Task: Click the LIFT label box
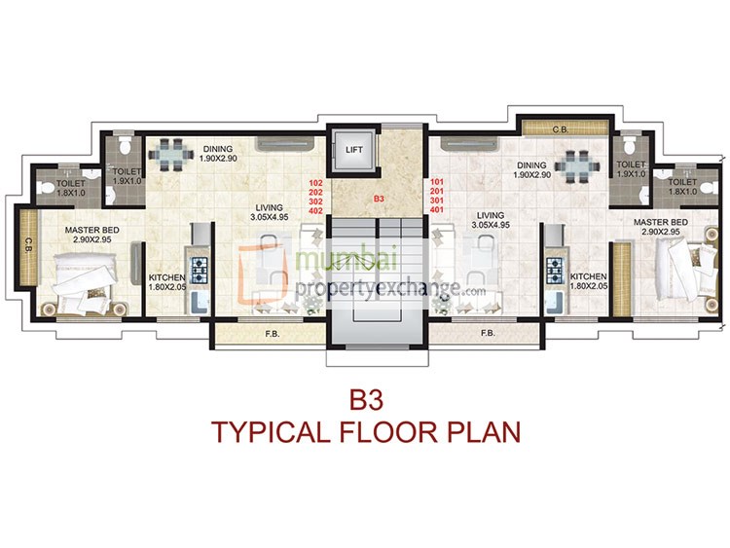pyautogui.click(x=352, y=149)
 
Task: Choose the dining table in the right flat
pyautogui.click(x=578, y=165)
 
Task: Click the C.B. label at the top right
pyautogui.click(x=560, y=127)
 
